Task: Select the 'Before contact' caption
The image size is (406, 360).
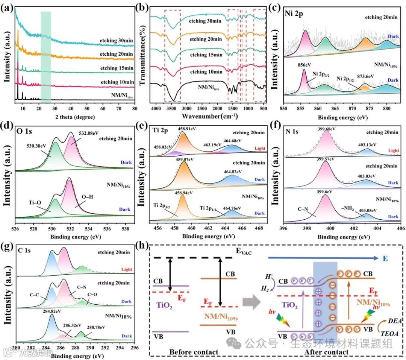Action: pyautogui.click(x=194, y=352)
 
